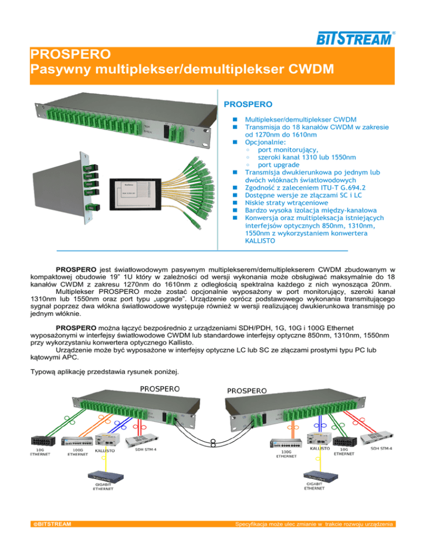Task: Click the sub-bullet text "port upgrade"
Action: [279, 165]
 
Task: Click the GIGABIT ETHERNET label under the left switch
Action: [103, 487]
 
